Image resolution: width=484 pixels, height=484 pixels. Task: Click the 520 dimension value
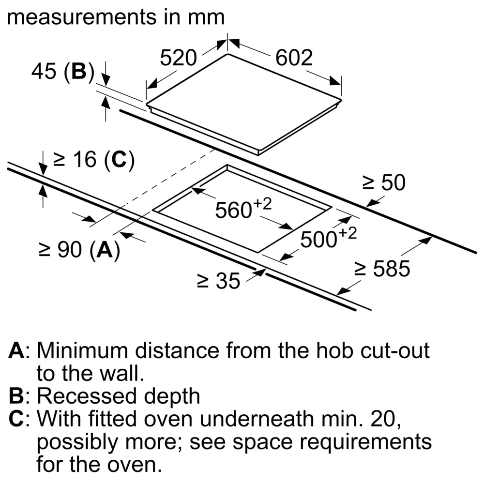(179, 58)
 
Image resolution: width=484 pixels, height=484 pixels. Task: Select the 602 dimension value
(294, 58)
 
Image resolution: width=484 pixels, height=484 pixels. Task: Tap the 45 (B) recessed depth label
(62, 72)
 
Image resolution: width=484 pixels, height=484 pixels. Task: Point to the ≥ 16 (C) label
(94, 160)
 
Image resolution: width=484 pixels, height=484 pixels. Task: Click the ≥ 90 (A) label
(79, 250)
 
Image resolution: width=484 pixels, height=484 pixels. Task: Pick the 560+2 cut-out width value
(243, 208)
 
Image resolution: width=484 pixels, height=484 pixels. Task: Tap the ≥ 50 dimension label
(384, 182)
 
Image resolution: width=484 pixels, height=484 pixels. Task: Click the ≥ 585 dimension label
(382, 269)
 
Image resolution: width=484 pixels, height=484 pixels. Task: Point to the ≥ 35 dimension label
(219, 281)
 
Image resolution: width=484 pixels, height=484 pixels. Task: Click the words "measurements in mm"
(116, 17)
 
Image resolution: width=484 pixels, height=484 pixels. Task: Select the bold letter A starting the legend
(16, 350)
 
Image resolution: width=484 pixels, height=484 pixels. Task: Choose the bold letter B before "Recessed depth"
(16, 396)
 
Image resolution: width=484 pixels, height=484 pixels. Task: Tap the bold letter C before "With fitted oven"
(16, 419)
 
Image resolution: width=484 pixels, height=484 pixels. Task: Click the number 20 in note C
(383, 419)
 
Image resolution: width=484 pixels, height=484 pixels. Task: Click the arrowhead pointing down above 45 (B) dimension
(106, 80)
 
